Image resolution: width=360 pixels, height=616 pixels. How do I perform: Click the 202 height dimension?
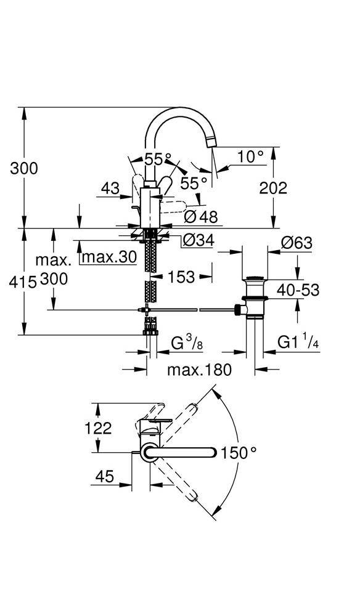point(273,188)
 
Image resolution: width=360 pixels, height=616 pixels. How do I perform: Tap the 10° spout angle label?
point(250,156)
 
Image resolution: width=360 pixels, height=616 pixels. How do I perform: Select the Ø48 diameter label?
point(201,216)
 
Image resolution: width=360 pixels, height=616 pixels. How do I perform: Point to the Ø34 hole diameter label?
point(199,240)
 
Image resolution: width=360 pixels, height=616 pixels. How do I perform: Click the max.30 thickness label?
point(110,257)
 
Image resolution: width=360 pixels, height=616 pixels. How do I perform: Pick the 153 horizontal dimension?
point(181,277)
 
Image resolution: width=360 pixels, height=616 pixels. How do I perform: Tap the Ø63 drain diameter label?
point(297,243)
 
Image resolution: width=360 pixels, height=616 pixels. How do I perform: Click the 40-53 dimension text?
point(298,290)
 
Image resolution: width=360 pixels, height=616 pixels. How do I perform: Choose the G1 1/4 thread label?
point(298,342)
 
